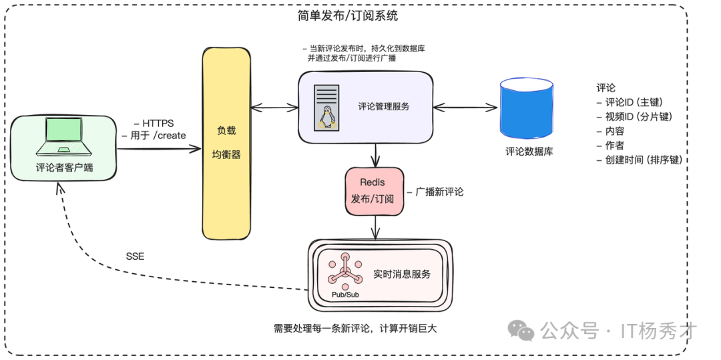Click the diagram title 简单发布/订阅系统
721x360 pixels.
click(347, 15)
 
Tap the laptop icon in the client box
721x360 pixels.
click(65, 138)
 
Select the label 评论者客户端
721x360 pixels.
click(65, 167)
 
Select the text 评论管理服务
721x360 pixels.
click(383, 106)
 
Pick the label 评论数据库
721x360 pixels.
click(529, 152)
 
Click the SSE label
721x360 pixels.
click(135, 256)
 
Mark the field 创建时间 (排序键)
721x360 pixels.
click(642, 160)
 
